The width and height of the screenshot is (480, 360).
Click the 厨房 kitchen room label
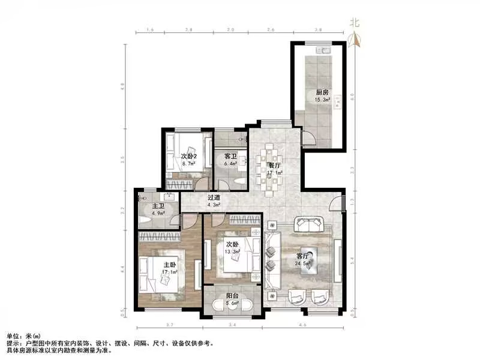coord(322,92)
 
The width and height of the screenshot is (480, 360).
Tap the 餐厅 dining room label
coord(274,165)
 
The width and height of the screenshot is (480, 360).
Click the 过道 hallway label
coord(214,197)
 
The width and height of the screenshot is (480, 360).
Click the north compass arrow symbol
coord(355,39)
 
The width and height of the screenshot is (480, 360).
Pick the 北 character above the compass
coord(355,23)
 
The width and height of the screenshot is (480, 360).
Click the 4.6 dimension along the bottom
coord(303,325)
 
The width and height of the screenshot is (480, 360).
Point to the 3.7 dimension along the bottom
coord(169,325)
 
